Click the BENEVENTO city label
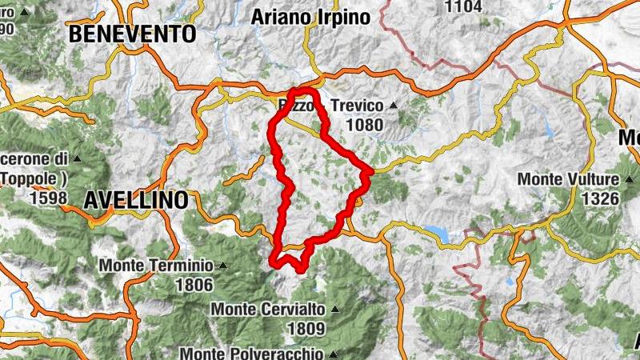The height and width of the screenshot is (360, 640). pyautogui.click(x=133, y=34)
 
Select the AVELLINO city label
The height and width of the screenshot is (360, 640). pyautogui.click(x=136, y=198)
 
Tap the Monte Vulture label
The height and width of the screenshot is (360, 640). pyautogui.click(x=569, y=179)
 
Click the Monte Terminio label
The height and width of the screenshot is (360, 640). pyautogui.click(x=157, y=266)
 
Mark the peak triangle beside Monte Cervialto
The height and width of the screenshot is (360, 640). pyautogui.click(x=335, y=309)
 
